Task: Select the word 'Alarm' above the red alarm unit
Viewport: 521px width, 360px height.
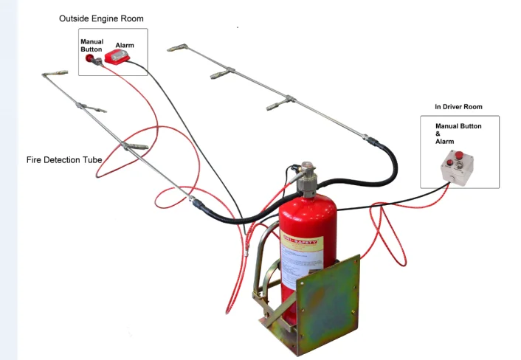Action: (125, 45)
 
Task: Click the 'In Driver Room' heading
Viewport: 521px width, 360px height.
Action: (458, 107)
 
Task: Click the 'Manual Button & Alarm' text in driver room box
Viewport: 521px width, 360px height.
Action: (458, 134)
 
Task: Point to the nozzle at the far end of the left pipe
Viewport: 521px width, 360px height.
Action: (52, 75)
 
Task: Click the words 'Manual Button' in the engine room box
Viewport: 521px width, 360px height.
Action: (92, 45)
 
